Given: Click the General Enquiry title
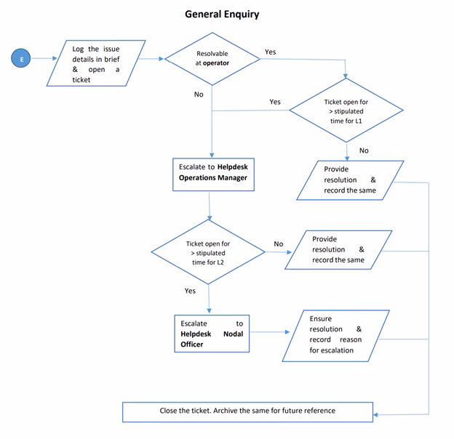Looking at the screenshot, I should coord(221,14).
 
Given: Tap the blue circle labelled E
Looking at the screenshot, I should coord(21,59).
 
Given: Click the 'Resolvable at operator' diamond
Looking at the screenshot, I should coord(212,58).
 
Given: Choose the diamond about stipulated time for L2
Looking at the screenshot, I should coord(208,252).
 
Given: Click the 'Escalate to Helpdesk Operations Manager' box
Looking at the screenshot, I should coord(213,172).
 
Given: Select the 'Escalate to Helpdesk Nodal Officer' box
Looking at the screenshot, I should coord(212,334).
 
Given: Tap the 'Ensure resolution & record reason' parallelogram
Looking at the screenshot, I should coord(335,334).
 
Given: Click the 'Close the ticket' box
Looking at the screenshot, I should coord(247,411).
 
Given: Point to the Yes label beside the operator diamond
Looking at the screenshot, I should coord(270,52).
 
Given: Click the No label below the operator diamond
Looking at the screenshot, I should coord(199,94).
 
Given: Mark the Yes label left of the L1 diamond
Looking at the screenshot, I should coord(275,102).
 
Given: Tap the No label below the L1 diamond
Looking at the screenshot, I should coord(364,150).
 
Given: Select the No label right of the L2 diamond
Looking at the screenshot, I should coord(279,243).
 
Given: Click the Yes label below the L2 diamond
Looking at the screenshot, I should coord(190,291).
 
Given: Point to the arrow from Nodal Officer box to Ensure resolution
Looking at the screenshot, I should coord(267,333).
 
